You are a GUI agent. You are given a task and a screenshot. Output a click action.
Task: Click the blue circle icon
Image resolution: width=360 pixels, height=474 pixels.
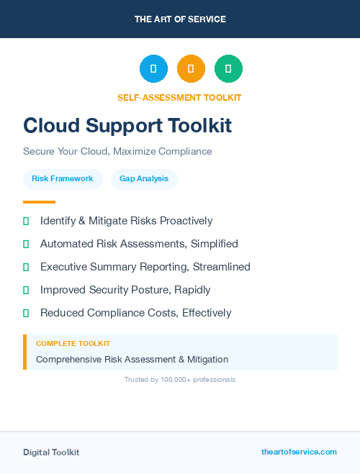pyautogui.click(x=153, y=69)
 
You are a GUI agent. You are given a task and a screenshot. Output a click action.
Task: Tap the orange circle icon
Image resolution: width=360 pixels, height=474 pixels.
pyautogui.click(x=191, y=69)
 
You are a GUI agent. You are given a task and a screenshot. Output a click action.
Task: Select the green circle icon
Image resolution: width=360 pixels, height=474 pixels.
pyautogui.click(x=228, y=69)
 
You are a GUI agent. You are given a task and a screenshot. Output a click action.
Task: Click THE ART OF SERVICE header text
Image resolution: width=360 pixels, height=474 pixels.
pyautogui.click(x=180, y=19)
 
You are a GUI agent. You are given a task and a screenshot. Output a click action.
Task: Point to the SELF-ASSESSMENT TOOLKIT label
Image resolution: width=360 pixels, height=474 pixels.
pyautogui.click(x=179, y=97)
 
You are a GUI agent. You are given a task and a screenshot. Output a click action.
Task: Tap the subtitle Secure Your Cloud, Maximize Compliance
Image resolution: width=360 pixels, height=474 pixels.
pyautogui.click(x=117, y=152)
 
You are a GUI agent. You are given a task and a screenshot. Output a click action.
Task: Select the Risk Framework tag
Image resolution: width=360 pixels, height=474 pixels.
pyautogui.click(x=63, y=178)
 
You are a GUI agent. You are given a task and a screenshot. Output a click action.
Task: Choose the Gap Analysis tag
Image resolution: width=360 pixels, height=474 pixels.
pyautogui.click(x=144, y=178)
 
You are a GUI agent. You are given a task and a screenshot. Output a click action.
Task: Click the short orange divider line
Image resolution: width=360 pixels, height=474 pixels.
pyautogui.click(x=39, y=202)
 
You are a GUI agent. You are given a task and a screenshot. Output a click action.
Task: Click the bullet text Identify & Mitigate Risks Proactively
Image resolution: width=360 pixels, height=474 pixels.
pyautogui.click(x=126, y=221)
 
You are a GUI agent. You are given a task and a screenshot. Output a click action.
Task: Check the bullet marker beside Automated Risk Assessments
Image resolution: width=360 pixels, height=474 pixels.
pyautogui.click(x=26, y=244)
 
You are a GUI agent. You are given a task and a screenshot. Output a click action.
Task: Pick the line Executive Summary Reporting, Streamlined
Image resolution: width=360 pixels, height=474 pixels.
pyautogui.click(x=145, y=267)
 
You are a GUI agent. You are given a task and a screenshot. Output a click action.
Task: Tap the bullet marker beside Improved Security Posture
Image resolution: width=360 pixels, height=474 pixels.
pyautogui.click(x=26, y=290)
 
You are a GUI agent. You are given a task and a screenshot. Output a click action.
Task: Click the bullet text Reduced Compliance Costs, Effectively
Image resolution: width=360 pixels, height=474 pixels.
pyautogui.click(x=135, y=313)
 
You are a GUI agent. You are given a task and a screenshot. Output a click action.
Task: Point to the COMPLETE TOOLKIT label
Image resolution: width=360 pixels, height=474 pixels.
pyautogui.click(x=73, y=344)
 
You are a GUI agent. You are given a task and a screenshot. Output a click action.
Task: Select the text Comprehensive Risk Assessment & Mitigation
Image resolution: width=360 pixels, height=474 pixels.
pyautogui.click(x=132, y=359)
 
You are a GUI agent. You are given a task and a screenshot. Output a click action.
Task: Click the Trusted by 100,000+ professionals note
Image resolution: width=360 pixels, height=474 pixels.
pyautogui.click(x=179, y=379)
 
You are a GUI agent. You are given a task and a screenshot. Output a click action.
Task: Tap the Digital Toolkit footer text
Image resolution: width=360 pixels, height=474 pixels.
pyautogui.click(x=51, y=452)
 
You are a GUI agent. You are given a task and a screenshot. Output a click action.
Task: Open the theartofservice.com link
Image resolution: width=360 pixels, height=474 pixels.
pyautogui.click(x=299, y=452)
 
